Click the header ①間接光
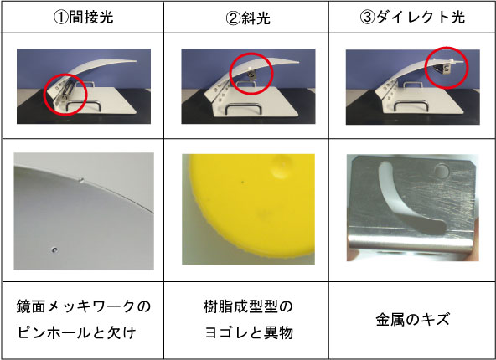coord(83,17)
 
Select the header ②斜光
coord(248,18)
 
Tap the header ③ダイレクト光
coord(412,17)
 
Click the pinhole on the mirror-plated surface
coord(54,250)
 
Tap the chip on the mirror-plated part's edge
coord(81,181)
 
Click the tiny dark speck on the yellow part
coord(243,182)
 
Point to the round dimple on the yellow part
coord(281,167)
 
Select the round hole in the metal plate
coord(442,172)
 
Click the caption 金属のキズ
coord(412,319)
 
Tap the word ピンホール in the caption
coord(49,332)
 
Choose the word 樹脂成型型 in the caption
coord(240,306)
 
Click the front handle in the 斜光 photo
coord(243,108)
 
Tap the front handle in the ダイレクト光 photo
coord(411,105)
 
